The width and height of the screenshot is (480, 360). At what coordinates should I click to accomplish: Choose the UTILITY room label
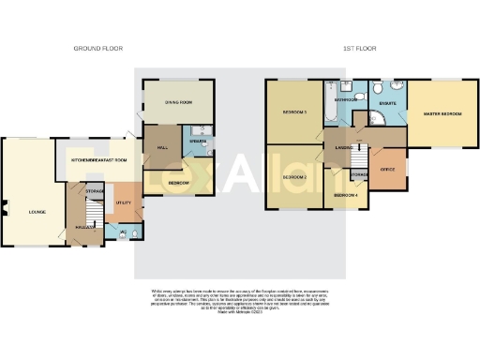[x=122, y=202]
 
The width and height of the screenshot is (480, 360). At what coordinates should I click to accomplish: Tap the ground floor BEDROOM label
[x=178, y=182]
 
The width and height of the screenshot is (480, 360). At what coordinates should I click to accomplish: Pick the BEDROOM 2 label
[x=294, y=177]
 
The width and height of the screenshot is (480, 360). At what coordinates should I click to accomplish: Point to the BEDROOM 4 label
[x=344, y=194]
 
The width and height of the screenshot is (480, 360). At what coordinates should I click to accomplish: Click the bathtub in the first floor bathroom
[x=331, y=105]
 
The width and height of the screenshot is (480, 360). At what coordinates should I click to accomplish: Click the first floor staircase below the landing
[x=337, y=170]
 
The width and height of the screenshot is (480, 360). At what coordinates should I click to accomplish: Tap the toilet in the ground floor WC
[x=137, y=232]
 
